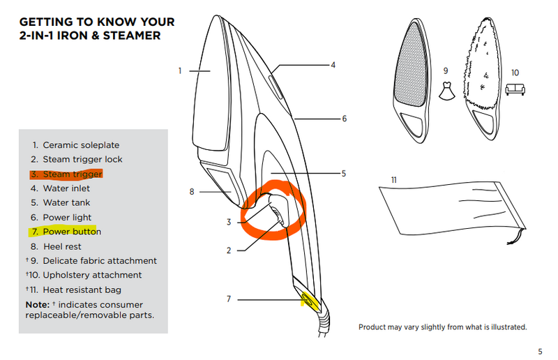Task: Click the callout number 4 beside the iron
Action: tap(333, 65)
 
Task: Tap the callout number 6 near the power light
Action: tap(344, 119)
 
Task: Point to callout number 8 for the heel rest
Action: tap(192, 192)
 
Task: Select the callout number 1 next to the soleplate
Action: tap(180, 71)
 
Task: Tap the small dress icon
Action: tap(447, 91)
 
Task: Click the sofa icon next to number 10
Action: tap(515, 89)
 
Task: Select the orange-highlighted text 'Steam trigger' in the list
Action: tap(73, 174)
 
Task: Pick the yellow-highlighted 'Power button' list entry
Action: tap(72, 232)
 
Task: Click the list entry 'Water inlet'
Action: tap(66, 188)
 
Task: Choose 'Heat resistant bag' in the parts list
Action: tap(82, 290)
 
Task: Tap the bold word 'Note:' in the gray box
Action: tap(38, 305)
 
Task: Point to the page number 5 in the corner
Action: tap(540, 352)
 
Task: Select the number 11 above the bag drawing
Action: tap(394, 180)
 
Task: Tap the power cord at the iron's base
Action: tap(324, 323)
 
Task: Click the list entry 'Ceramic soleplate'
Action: tap(81, 145)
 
